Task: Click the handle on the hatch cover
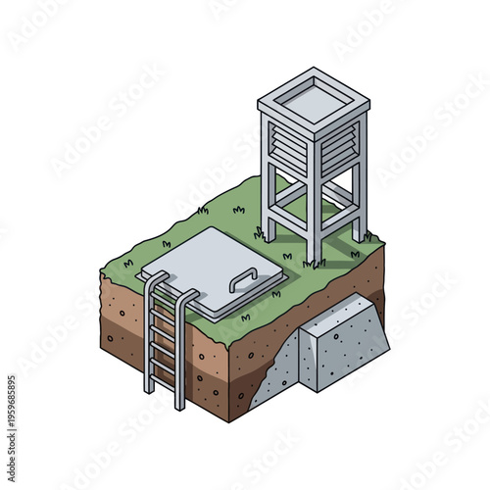click(x=243, y=280)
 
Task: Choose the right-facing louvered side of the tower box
click(x=342, y=147)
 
